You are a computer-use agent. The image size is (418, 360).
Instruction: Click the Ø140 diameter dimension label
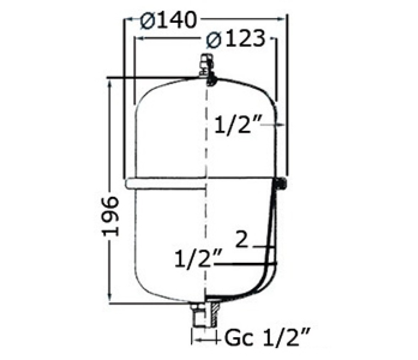tap(168, 20)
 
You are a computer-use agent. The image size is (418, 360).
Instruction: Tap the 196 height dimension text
tap(110, 216)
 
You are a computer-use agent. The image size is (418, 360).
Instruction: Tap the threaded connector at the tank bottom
tap(205, 314)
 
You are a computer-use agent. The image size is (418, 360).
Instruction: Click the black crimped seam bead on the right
tap(280, 184)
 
